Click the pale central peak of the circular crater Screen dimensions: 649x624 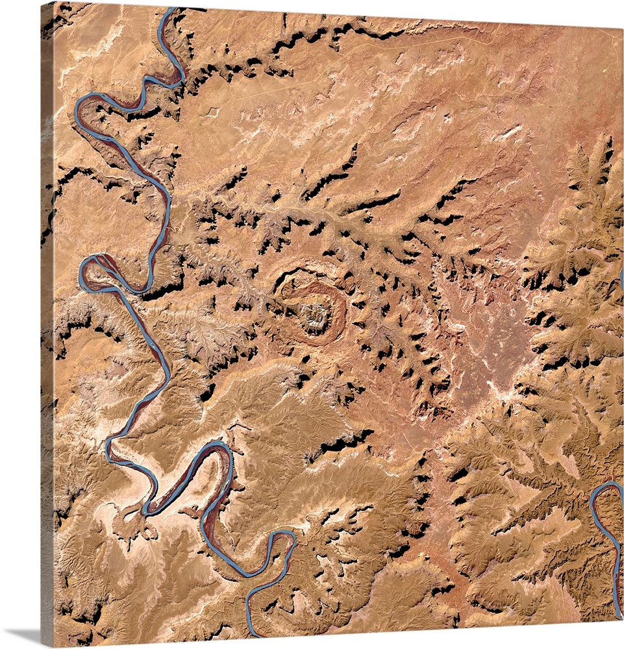[x=315, y=315]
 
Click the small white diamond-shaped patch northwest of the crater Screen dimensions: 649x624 [x=212, y=113]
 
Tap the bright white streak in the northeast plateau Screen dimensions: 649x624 [x=510, y=132]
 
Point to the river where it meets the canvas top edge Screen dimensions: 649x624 [x=170, y=10]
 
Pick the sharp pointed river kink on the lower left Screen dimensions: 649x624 [x=109, y=441]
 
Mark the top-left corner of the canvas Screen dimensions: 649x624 [x=42, y=3]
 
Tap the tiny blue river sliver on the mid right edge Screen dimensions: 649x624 [x=621, y=279]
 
